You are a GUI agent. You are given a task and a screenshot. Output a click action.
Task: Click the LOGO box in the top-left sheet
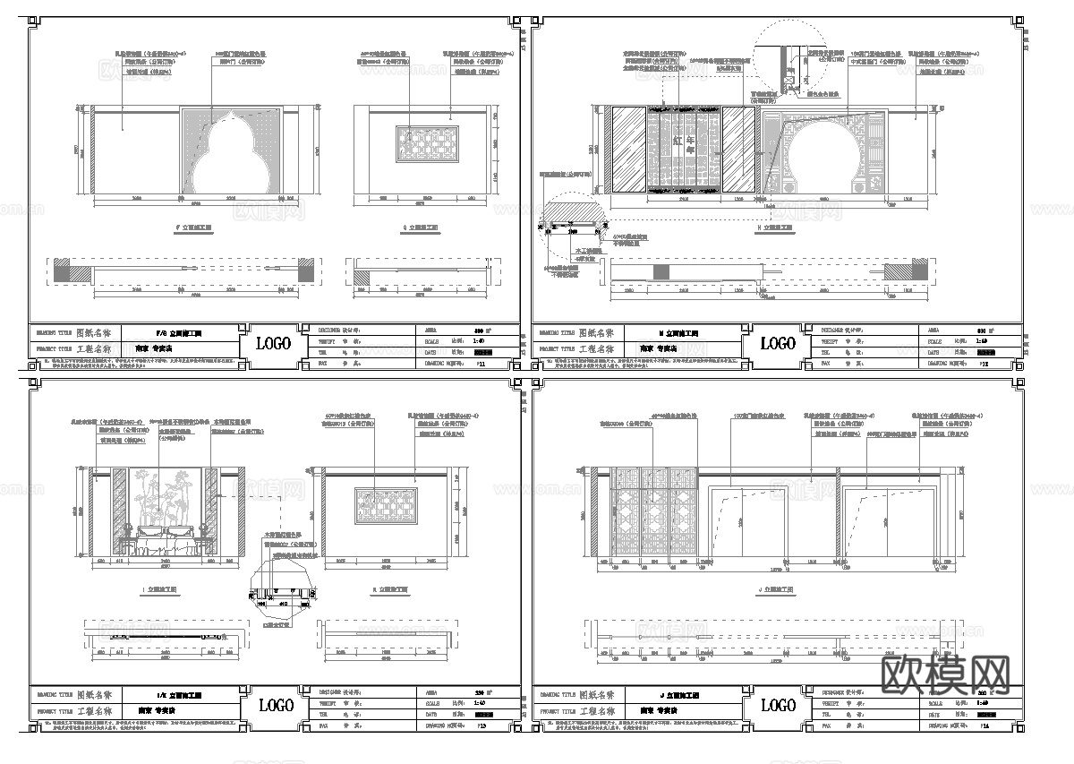coord(274,343)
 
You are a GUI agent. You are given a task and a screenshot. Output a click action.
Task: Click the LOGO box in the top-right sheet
coord(776,343)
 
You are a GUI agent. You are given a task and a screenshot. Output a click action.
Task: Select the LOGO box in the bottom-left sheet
coord(274,705)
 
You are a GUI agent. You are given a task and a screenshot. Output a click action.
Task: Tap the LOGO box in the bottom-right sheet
coord(776,705)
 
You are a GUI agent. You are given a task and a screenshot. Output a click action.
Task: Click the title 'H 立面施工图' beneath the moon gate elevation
coord(776,228)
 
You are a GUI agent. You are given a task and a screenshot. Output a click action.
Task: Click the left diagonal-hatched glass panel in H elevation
coord(629,150)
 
